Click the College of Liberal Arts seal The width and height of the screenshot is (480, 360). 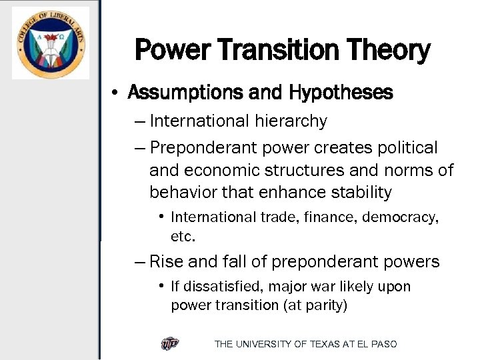(50, 43)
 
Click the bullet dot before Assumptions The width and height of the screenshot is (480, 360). (116, 93)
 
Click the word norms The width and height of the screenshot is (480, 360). (403, 170)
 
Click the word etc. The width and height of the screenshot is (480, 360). (182, 237)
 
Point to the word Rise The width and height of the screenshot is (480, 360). (165, 262)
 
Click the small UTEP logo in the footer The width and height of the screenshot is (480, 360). (170, 344)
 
